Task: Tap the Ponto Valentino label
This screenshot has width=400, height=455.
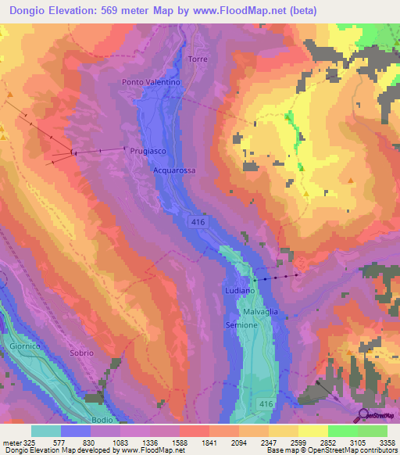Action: (x=152, y=82)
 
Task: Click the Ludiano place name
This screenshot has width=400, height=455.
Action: (x=241, y=290)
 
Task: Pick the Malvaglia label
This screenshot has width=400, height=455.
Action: (x=261, y=312)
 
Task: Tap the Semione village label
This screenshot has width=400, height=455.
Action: (x=241, y=324)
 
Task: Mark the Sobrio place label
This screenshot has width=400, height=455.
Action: (x=81, y=353)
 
